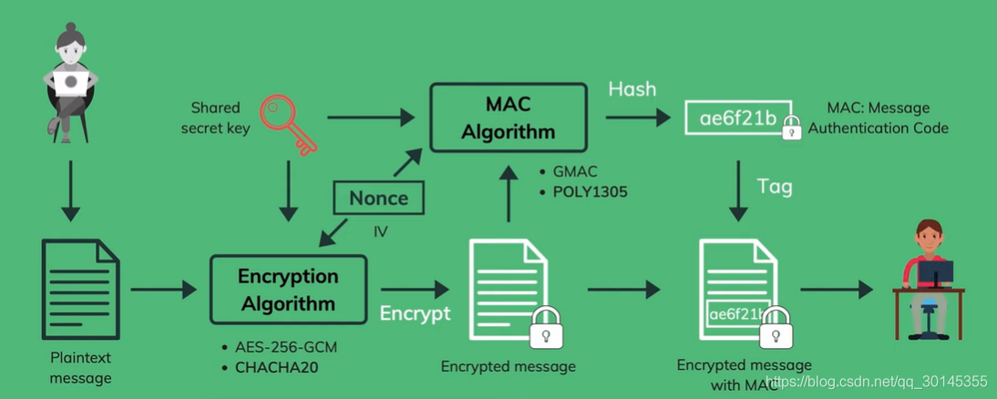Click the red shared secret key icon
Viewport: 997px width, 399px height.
284,122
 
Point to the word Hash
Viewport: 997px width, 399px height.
632,88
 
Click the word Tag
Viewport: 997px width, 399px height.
775,187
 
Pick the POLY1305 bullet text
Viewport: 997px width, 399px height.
582,192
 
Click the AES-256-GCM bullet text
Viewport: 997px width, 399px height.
279,348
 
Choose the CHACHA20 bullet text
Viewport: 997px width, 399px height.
270,367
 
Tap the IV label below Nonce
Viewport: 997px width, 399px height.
380,232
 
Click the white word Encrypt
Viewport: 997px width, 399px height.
416,312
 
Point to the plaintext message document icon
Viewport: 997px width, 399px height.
81,289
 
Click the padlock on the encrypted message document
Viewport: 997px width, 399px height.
546,327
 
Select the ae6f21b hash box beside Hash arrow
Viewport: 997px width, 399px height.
737,118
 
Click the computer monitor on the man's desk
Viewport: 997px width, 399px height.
935,274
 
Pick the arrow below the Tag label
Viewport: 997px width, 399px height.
737,190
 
